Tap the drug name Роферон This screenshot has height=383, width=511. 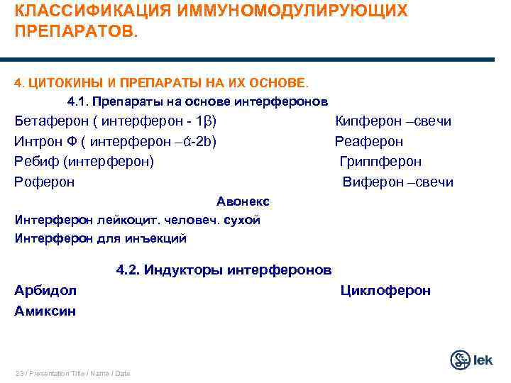(x=44, y=182)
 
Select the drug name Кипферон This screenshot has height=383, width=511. (x=366, y=121)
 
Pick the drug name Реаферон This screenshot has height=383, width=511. (x=369, y=141)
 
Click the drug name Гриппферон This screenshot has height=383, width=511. (x=380, y=162)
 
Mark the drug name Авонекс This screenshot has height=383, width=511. (x=243, y=202)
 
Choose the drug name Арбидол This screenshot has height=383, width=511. (x=45, y=290)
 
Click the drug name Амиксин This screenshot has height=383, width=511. (x=45, y=311)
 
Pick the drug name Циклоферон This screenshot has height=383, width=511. (x=385, y=290)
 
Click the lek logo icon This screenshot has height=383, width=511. (x=461, y=360)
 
